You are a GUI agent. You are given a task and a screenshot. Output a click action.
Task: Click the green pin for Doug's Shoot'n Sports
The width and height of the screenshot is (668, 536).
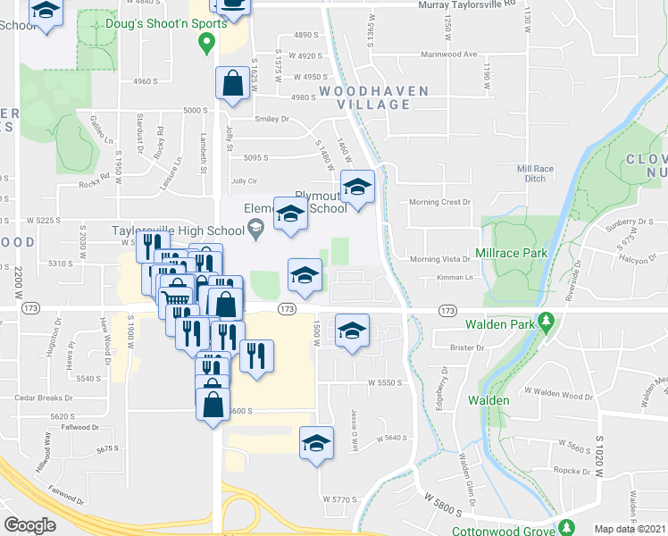coord(206,41)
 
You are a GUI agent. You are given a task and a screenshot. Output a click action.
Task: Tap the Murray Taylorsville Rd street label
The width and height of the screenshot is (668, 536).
coord(467,4)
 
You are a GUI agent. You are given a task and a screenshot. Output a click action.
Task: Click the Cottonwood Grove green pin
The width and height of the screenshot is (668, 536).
coord(564,527)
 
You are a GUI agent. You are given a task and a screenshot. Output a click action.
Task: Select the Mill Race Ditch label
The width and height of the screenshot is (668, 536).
coord(536,173)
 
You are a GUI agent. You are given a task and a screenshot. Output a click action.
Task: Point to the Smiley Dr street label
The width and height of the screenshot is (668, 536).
coord(272,119)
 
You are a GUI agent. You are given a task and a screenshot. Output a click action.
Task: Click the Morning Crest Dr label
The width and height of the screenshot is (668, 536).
coord(439,202)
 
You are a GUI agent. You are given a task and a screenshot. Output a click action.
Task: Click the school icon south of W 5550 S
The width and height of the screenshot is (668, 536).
coord(316,443)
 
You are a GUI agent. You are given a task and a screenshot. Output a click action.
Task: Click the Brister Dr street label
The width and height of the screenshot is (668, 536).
coord(467,348)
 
